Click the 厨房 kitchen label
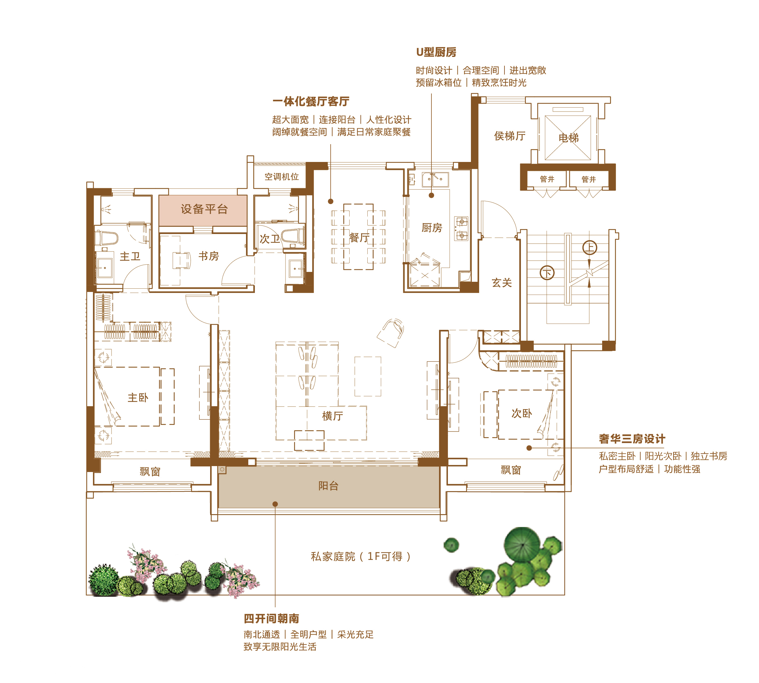(x=432, y=227)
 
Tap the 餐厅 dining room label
(x=359, y=237)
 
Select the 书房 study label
(x=208, y=256)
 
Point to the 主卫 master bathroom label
(x=130, y=256)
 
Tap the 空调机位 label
(x=282, y=176)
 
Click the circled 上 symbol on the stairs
(x=590, y=248)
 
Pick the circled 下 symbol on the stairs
(x=547, y=273)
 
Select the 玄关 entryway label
(x=502, y=283)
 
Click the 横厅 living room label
(x=332, y=416)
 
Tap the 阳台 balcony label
(x=328, y=486)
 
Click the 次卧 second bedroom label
(x=522, y=413)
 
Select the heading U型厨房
(x=436, y=52)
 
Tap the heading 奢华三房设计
(x=632, y=439)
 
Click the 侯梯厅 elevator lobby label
(x=510, y=136)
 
